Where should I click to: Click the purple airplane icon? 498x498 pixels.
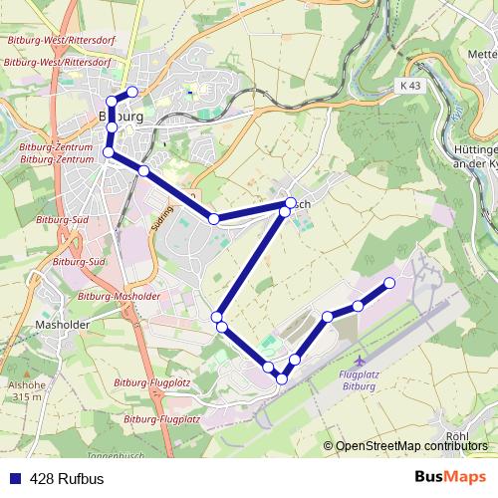coord(361,357)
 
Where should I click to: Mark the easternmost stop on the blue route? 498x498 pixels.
coord(388,283)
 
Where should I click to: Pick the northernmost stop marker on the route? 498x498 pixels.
coord(131,92)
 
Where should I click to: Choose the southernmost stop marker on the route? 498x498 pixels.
coord(283,378)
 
